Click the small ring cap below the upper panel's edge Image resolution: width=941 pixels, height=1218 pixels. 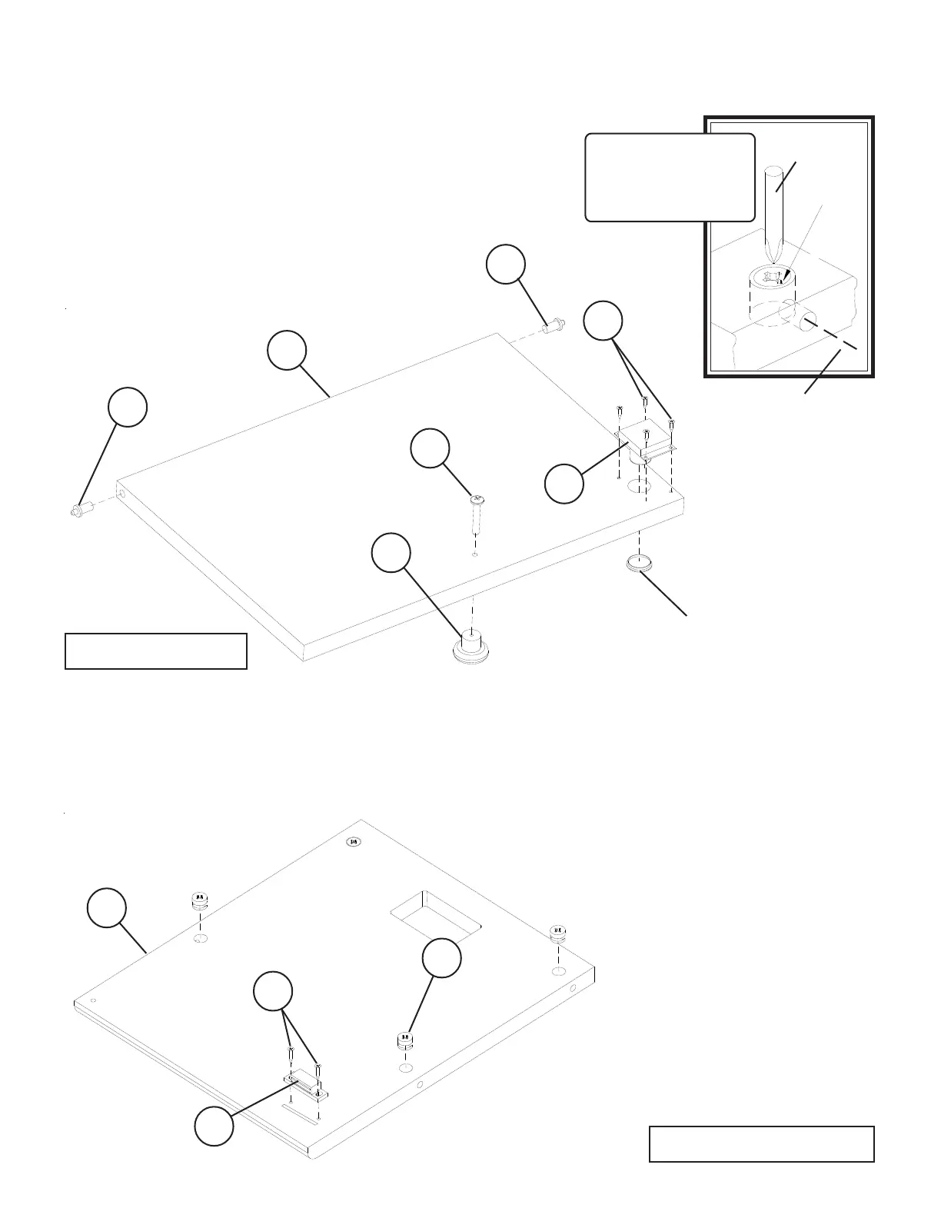point(639,564)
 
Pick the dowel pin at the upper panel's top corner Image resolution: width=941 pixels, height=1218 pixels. point(552,327)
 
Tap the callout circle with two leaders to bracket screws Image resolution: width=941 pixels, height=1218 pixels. point(603,321)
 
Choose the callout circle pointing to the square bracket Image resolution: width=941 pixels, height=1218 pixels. point(564,484)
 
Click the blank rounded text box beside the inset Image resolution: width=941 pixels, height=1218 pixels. point(670,178)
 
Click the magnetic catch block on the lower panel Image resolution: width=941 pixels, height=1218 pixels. point(308,1086)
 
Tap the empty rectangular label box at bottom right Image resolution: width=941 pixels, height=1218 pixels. point(761,1143)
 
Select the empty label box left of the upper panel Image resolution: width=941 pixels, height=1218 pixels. point(156,651)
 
